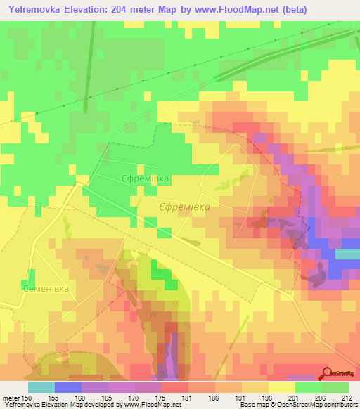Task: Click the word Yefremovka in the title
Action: (35, 10)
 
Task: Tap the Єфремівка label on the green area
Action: (145, 179)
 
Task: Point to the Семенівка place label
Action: (25, 289)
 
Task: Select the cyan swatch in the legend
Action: (41, 387)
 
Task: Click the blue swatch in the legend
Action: (68, 387)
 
